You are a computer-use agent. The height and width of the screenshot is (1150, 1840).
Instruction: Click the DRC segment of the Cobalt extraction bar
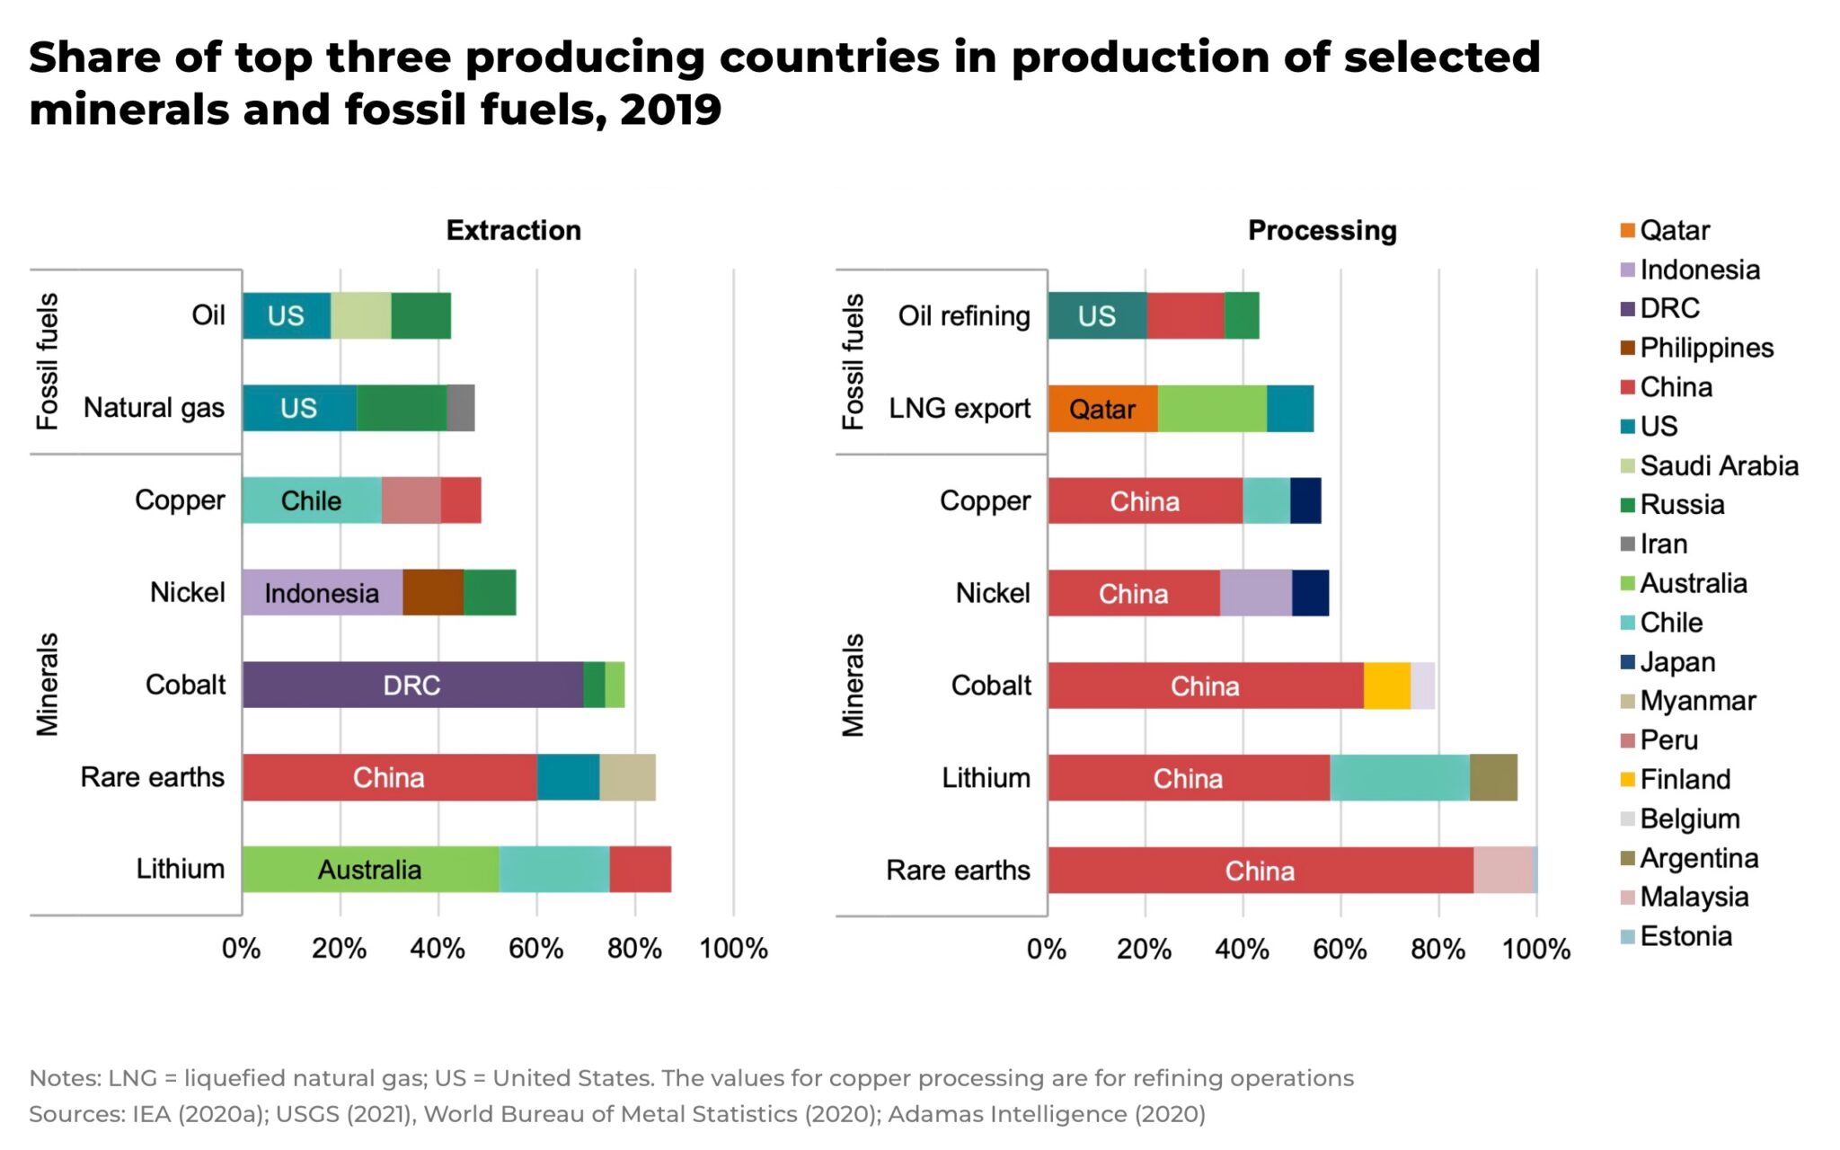click(411, 685)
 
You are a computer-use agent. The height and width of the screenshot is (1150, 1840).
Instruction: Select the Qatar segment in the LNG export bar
click(1101, 409)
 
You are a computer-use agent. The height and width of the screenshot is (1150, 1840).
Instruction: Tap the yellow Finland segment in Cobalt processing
click(1386, 686)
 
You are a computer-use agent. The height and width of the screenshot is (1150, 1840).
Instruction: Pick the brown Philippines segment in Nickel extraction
click(432, 593)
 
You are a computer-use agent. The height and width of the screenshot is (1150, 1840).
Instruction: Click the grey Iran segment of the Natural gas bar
click(460, 409)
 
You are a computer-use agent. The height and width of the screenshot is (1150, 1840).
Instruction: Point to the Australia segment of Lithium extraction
click(369, 870)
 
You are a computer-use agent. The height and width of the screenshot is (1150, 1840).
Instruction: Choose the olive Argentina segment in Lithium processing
click(1492, 778)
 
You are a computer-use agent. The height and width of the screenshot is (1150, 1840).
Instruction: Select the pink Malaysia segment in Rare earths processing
click(1502, 870)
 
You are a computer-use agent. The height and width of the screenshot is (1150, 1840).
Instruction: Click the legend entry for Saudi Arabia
click(1718, 465)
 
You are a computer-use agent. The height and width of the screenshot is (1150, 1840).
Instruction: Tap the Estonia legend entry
click(1685, 936)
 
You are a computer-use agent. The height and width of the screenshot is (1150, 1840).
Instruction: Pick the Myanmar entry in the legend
click(1696, 701)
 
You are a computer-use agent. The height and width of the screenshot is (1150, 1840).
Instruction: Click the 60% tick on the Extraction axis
click(536, 949)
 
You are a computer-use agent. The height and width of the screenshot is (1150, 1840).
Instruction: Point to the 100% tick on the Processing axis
click(1535, 950)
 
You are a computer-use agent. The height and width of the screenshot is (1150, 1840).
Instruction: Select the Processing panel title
click(1322, 231)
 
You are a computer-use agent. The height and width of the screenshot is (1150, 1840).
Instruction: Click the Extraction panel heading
click(513, 231)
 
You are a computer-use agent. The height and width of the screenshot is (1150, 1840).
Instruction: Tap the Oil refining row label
click(963, 316)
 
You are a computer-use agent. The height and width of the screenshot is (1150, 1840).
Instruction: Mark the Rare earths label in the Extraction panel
click(152, 777)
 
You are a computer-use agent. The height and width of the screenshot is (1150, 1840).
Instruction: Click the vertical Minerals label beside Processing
click(853, 685)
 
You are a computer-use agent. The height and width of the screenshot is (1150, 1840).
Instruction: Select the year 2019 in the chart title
click(670, 110)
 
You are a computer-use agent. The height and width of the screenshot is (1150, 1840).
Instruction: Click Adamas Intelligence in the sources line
click(1006, 1114)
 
